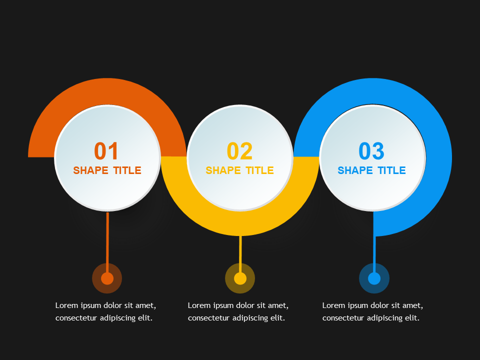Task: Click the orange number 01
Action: coord(107,151)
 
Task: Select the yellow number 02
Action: coord(239,151)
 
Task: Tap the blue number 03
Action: coord(371,151)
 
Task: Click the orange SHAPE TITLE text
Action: coord(107,170)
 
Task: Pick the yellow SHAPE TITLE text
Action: coord(239,170)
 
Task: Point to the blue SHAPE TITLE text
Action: coord(371,170)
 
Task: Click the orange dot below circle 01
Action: coord(107,278)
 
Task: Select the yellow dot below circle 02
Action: coord(240,278)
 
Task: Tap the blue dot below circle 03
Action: coord(374,278)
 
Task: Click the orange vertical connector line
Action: coord(107,237)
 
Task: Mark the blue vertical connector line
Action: coord(374,250)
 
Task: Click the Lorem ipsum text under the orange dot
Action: coord(105,311)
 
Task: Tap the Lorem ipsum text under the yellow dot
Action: coord(238,311)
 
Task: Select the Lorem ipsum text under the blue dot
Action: coord(372,311)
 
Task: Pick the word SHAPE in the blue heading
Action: coord(355,170)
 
